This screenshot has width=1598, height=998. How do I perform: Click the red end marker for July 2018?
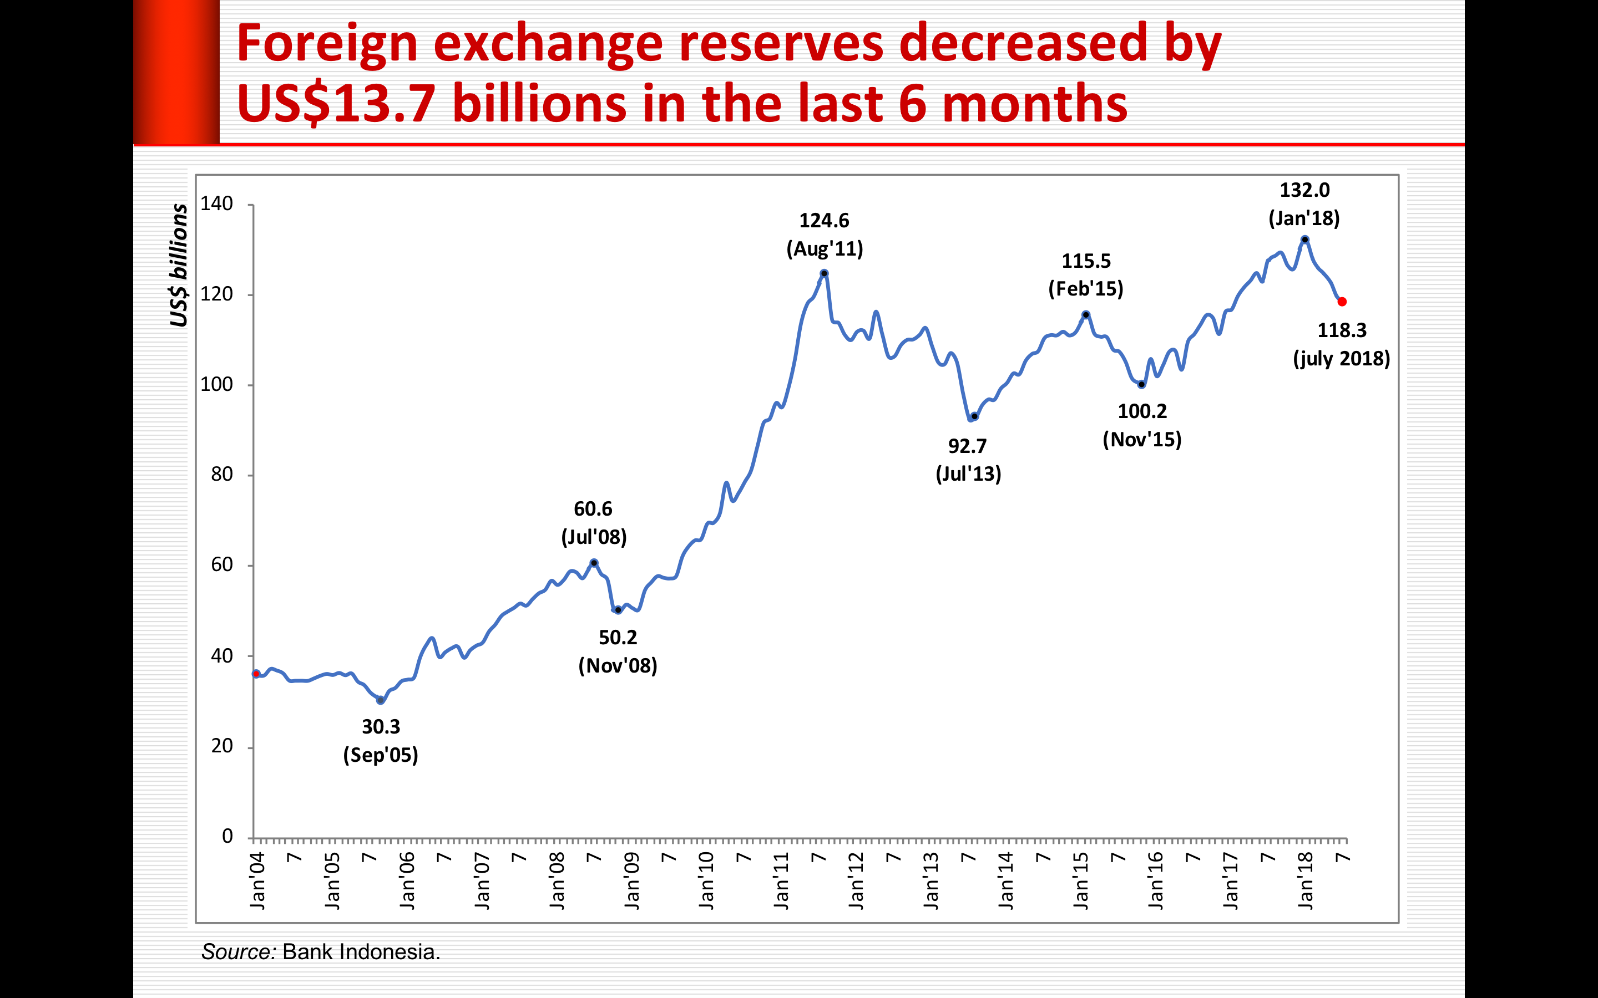click(x=1342, y=302)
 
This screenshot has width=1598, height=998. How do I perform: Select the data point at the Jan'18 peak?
click(x=1305, y=240)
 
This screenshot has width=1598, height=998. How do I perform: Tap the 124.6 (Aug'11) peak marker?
click(x=824, y=273)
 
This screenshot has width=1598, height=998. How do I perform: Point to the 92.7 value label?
click(x=967, y=446)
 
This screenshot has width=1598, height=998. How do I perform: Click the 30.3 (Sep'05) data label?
click(x=381, y=741)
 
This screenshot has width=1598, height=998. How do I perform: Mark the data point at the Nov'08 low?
click(x=618, y=610)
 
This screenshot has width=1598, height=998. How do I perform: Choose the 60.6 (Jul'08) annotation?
click(x=594, y=523)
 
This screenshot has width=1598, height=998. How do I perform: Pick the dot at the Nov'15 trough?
click(x=1142, y=384)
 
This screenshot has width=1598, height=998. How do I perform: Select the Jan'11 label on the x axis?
click(x=781, y=880)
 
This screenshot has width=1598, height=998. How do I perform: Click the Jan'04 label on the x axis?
click(x=257, y=880)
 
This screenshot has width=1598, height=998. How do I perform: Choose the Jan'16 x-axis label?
click(x=1156, y=880)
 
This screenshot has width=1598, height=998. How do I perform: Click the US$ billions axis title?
click(x=178, y=266)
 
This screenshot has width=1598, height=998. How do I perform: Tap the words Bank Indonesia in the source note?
click(x=361, y=952)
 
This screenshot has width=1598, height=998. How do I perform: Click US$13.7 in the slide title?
click(x=336, y=104)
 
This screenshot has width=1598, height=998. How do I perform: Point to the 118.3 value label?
click(x=1342, y=330)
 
